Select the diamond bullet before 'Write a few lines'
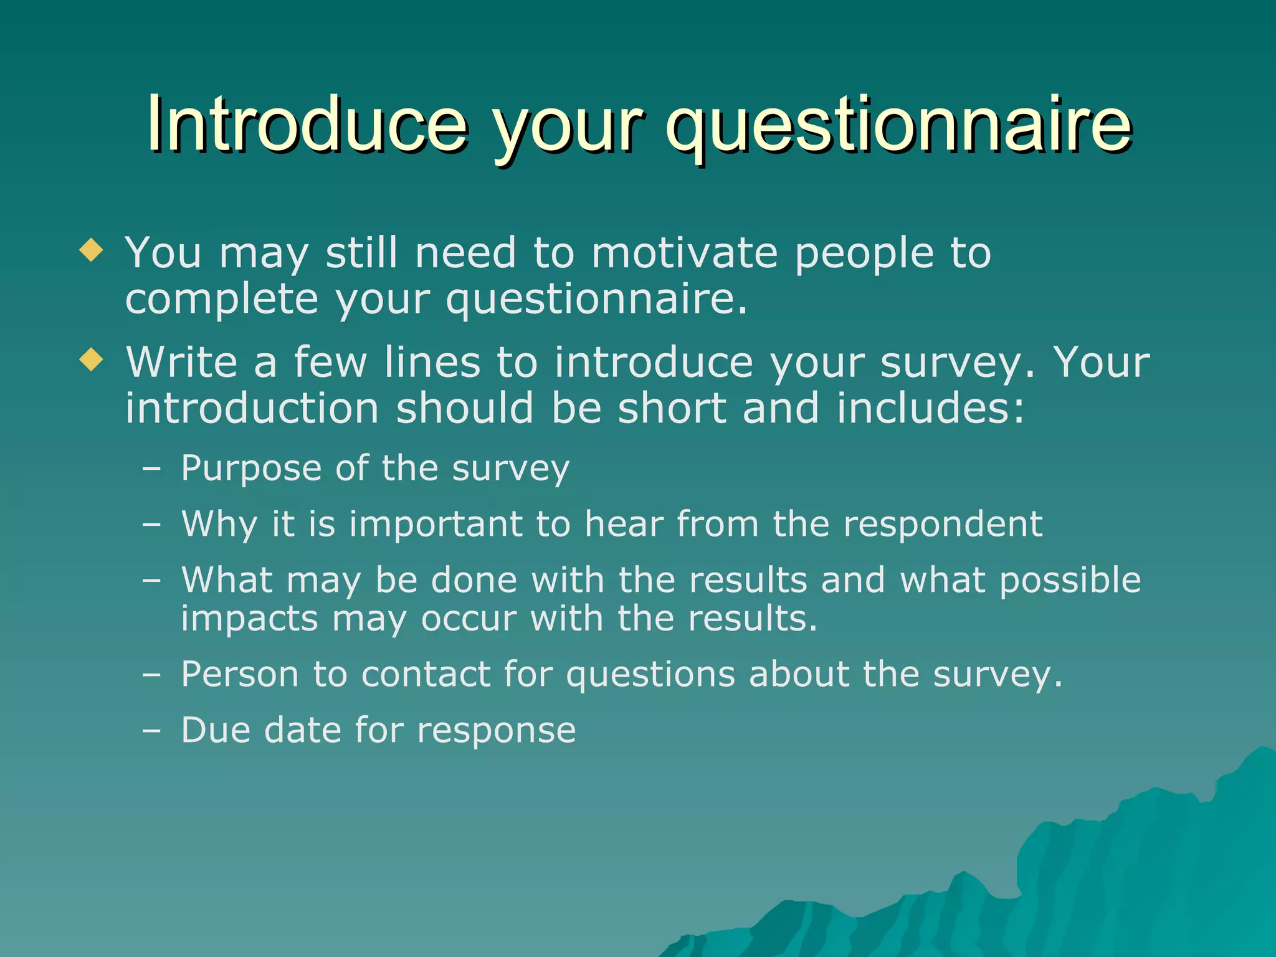pos(92,359)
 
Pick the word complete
pos(222,300)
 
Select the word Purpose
pos(251,469)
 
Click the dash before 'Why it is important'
pos(151,525)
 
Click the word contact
pos(426,675)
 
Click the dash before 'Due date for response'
pos(151,731)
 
